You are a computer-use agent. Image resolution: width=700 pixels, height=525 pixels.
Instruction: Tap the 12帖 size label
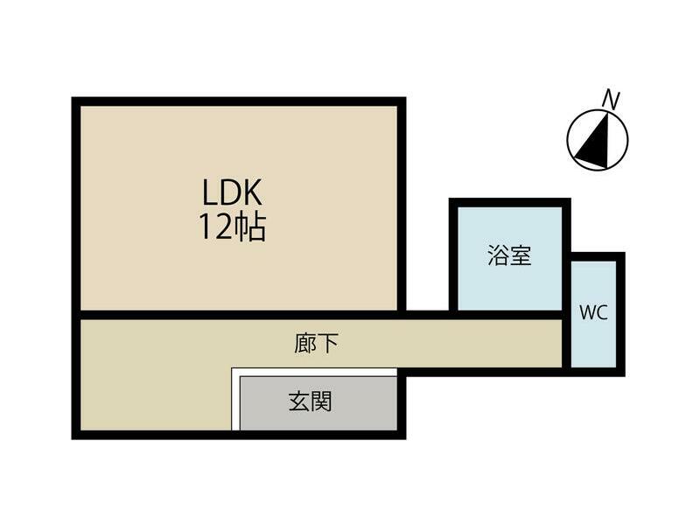tap(232, 227)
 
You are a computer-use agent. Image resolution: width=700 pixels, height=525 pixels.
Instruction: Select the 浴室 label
tap(509, 256)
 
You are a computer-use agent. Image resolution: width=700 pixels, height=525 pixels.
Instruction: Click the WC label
tap(593, 312)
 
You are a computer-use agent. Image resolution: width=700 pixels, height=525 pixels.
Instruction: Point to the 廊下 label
tap(316, 343)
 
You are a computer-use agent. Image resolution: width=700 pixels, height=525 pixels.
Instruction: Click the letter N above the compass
tap(612, 100)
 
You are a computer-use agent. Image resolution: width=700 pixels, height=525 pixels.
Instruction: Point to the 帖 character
tap(251, 227)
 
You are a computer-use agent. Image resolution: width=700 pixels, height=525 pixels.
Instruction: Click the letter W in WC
tap(586, 312)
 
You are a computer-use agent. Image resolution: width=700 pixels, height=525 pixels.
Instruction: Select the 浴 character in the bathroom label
tap(499, 256)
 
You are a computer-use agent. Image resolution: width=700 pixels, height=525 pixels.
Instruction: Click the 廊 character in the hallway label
tap(305, 343)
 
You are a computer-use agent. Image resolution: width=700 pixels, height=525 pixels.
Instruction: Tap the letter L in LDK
tap(211, 192)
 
